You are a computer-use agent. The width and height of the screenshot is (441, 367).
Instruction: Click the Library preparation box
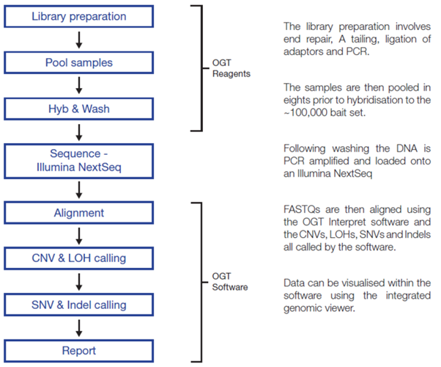click(x=79, y=16)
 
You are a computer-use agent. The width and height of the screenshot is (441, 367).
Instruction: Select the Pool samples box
click(x=79, y=62)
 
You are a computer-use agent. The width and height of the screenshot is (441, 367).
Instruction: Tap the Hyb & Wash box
click(x=79, y=109)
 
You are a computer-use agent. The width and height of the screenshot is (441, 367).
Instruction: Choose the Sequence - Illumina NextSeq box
click(x=79, y=161)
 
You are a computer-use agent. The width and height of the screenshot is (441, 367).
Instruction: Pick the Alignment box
click(x=79, y=213)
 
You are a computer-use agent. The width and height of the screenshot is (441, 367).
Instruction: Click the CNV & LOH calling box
click(x=79, y=258)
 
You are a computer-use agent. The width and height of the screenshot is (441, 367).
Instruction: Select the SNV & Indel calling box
click(x=79, y=305)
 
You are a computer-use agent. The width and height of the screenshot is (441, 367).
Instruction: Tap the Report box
click(x=79, y=351)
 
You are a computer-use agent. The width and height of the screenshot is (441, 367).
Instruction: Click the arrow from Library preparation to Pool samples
click(x=79, y=40)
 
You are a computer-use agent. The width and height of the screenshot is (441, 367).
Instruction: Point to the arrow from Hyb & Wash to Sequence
click(x=79, y=132)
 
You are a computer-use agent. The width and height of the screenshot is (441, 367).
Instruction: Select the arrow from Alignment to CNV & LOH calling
click(x=79, y=236)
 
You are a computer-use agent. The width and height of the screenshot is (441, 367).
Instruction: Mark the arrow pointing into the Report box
click(x=79, y=328)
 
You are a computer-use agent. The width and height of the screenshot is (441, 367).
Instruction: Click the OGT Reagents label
click(x=231, y=68)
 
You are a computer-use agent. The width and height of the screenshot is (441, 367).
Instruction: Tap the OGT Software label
click(x=230, y=282)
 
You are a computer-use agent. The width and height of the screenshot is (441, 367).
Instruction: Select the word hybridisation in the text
click(x=378, y=100)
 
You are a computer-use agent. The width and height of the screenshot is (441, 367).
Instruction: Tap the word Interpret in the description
click(x=347, y=222)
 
